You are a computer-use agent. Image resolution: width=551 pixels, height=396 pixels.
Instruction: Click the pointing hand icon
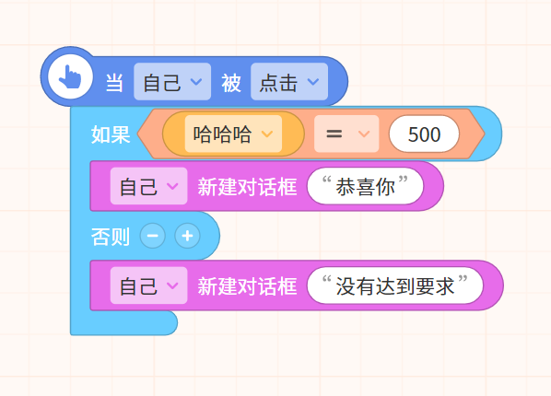(x=70, y=76)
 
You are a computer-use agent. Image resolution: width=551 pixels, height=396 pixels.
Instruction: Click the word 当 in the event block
(x=114, y=83)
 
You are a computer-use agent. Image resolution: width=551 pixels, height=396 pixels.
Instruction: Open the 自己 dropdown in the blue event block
(x=172, y=82)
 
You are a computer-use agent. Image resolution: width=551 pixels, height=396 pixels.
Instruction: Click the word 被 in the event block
(x=231, y=83)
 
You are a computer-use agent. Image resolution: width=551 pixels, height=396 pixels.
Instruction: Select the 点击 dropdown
(x=289, y=82)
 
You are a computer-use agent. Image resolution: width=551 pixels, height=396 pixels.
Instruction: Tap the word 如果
(x=111, y=134)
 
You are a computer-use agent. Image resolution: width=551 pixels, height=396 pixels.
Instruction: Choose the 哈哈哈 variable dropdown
(x=233, y=134)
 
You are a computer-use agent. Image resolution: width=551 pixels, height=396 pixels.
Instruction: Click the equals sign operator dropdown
(x=346, y=134)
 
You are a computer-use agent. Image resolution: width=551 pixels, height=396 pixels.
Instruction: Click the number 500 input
(x=424, y=134)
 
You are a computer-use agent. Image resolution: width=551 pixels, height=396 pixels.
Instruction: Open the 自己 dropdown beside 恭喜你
(x=148, y=186)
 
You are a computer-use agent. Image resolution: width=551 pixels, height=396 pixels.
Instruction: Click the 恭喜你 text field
(x=365, y=186)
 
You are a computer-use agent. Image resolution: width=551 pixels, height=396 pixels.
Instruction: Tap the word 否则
(x=111, y=236)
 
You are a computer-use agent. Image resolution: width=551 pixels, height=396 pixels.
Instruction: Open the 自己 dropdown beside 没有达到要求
(x=148, y=285)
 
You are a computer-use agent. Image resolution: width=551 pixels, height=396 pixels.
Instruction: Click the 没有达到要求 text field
(x=395, y=285)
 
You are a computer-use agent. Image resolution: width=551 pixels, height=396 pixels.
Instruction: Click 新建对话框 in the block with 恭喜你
(x=247, y=186)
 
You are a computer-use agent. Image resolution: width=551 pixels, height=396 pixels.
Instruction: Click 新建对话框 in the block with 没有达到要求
(x=247, y=285)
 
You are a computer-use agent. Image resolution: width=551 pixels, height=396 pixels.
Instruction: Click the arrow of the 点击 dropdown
(x=313, y=82)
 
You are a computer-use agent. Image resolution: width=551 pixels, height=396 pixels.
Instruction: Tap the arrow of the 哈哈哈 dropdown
(x=267, y=134)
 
